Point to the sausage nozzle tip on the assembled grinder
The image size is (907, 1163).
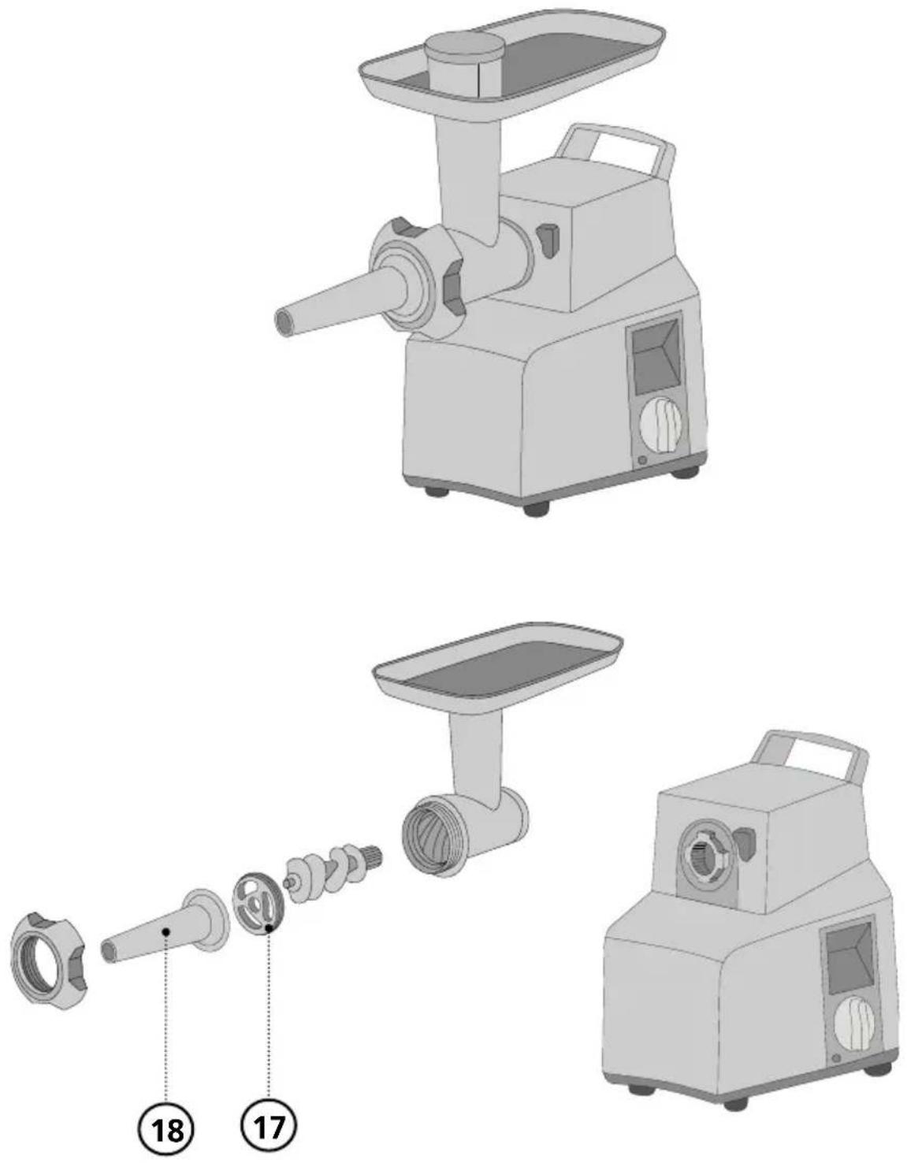point(284,322)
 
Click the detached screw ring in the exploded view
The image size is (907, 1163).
point(46,959)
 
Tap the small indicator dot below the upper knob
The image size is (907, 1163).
point(641,460)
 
